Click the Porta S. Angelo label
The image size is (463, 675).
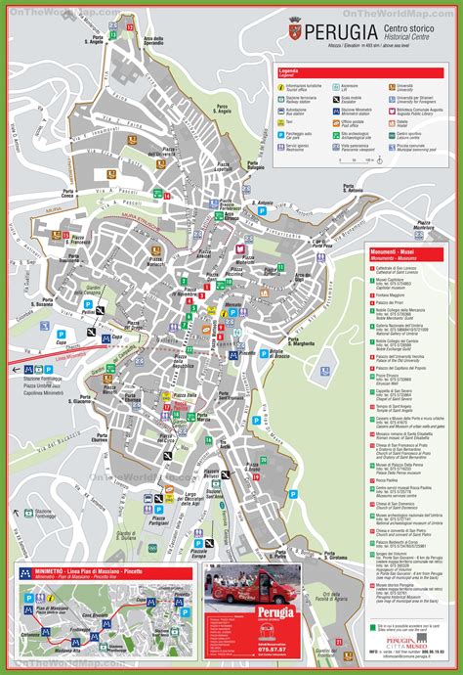96,41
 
